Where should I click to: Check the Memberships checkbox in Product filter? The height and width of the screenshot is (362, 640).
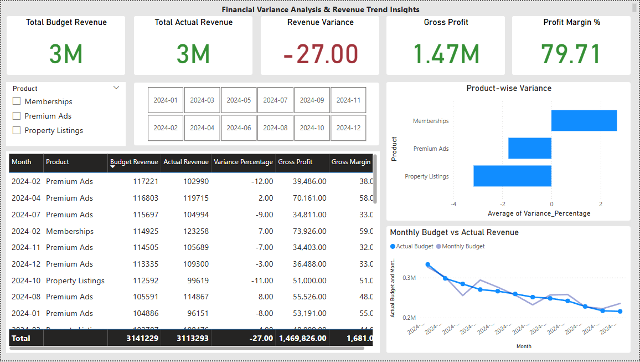tap(17, 101)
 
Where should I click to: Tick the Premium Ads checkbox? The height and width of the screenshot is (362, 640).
tap(17, 116)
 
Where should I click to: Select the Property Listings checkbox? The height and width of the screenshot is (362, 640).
tap(17, 130)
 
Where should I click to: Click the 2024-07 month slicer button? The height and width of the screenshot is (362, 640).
tap(275, 100)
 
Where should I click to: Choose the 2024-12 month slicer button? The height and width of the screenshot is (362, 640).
tap(348, 128)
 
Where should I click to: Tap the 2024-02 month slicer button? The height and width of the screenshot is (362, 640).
tap(166, 128)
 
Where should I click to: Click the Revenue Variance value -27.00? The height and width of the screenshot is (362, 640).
tap(320, 54)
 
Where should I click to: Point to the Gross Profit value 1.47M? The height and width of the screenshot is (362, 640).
tap(446, 54)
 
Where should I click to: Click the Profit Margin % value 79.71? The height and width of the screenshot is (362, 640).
tap(571, 54)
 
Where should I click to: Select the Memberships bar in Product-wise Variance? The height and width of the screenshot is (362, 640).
tap(584, 120)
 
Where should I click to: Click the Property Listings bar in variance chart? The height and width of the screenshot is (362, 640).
tap(512, 176)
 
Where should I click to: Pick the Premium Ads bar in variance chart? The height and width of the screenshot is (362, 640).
tap(530, 148)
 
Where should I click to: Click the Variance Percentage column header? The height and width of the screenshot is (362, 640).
tap(243, 162)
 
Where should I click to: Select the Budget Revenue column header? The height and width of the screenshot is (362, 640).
tap(134, 162)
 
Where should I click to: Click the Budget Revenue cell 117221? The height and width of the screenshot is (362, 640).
tap(146, 181)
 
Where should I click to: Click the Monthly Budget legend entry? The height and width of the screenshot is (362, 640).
tap(463, 246)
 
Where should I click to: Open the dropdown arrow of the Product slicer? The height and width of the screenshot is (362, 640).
tap(116, 88)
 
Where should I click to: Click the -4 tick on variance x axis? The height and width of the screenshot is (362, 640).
tap(452, 204)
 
